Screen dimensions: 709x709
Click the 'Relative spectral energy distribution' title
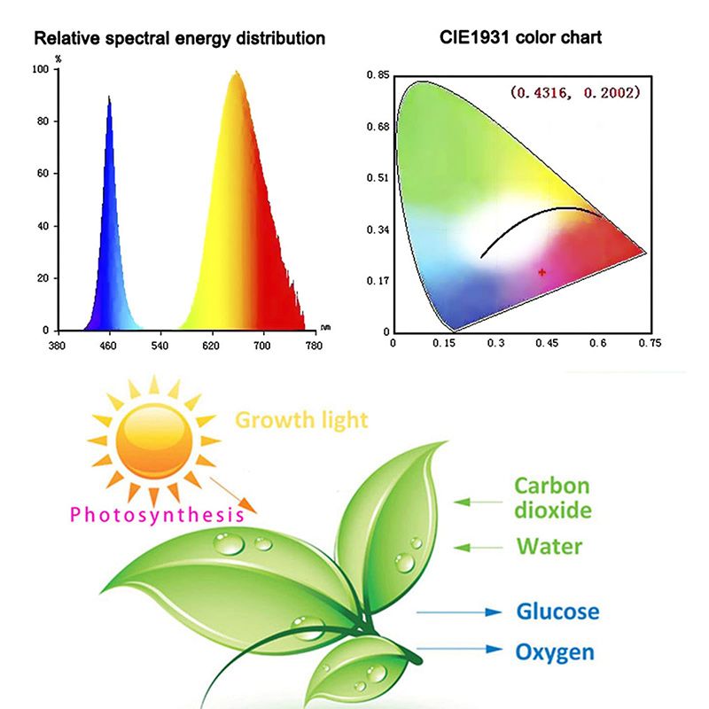[x=179, y=39]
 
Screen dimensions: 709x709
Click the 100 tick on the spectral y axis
[x=40, y=69]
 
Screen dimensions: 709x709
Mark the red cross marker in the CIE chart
[x=541, y=272]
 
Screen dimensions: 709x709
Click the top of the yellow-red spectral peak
[x=236, y=73]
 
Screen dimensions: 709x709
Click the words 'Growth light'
[x=300, y=419]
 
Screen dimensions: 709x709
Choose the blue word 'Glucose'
[x=557, y=612]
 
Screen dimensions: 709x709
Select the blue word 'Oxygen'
[x=555, y=652]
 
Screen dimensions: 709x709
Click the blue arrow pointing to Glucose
[x=453, y=612]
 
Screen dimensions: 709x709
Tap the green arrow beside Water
[x=479, y=547]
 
